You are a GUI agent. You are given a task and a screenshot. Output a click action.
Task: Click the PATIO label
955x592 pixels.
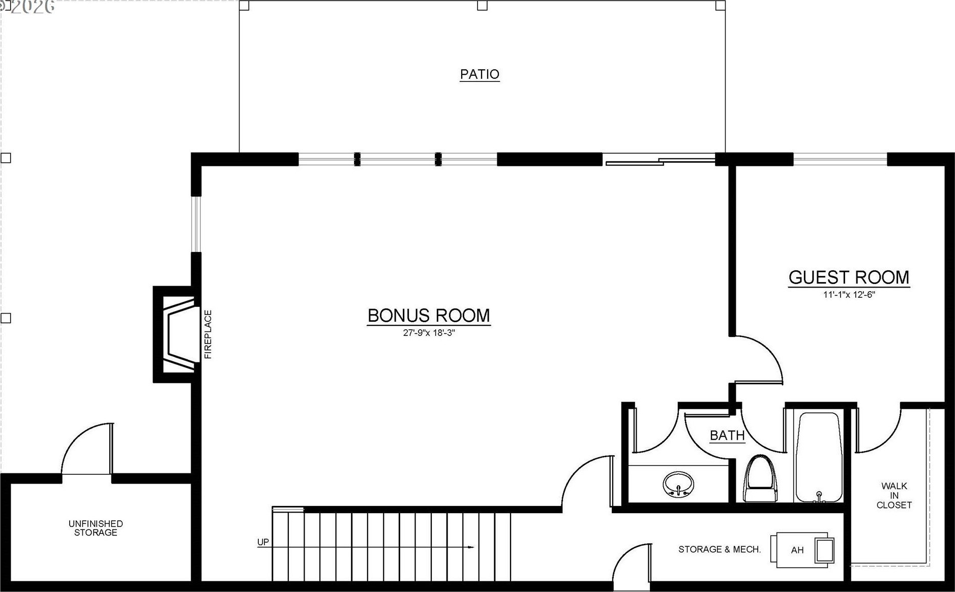tap(480, 74)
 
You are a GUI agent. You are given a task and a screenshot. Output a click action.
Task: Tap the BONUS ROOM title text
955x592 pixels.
tap(429, 316)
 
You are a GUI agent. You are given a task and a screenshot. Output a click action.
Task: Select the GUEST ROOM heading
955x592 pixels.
tap(849, 277)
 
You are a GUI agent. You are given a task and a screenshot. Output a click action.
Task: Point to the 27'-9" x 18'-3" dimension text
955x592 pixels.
tap(429, 333)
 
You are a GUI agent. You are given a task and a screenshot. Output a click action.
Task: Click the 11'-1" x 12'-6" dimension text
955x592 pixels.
tap(849, 294)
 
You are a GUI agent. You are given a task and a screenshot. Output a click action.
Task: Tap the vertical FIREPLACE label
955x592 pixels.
tap(208, 334)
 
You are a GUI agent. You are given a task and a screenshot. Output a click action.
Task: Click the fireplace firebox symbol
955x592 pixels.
tap(178, 334)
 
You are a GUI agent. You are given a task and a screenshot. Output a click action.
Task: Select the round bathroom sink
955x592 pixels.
tap(678, 484)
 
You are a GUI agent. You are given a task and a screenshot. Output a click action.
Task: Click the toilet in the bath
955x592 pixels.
tap(760, 478)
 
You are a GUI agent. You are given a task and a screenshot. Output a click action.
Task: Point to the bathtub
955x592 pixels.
tap(818, 457)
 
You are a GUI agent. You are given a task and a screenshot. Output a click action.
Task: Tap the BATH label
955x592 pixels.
tap(727, 436)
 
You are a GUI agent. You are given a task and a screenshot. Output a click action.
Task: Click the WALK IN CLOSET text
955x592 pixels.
tap(894, 495)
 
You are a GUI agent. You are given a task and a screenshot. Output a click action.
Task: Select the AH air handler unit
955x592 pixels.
tap(802, 549)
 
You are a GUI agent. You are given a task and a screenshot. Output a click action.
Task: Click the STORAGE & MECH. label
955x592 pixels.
tap(720, 549)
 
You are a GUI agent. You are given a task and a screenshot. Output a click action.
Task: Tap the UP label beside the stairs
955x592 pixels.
tap(263, 542)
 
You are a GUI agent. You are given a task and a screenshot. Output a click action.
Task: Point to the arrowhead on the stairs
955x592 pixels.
tap(471, 548)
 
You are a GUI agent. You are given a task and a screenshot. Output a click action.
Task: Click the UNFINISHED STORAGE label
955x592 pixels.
tap(96, 528)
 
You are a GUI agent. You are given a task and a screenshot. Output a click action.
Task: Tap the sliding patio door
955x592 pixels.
tap(660, 160)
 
